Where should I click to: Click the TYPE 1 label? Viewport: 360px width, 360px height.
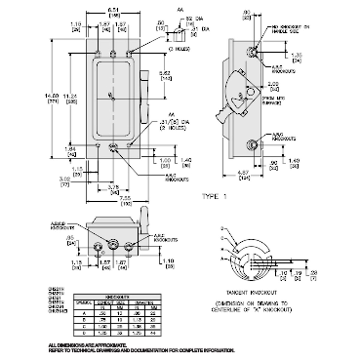[x=214, y=196]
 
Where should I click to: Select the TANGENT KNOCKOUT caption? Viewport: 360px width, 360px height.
[x=251, y=292]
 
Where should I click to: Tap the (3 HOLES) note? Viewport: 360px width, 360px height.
[x=179, y=49]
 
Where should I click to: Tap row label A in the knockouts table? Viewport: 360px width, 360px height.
[x=84, y=313]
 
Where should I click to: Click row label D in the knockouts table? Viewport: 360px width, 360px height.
[x=84, y=333]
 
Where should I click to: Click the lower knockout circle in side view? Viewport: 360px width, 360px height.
[x=251, y=145]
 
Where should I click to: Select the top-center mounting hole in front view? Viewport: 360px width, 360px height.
[x=113, y=54]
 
